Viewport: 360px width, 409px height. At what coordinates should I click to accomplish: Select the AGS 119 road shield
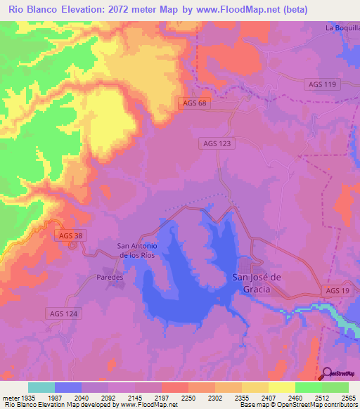coord(322,84)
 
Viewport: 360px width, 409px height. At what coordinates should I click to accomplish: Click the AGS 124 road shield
coord(64,313)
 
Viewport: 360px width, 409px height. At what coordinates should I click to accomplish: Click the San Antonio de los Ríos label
coord(136,250)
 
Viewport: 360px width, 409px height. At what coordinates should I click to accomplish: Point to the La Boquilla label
coord(342,28)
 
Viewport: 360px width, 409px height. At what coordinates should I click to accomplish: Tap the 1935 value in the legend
coord(28,398)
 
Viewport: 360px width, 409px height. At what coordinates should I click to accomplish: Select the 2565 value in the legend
coord(348,398)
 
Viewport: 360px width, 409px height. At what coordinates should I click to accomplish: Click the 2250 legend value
coord(187,398)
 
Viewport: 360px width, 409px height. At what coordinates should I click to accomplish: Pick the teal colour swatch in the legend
coord(41,387)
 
